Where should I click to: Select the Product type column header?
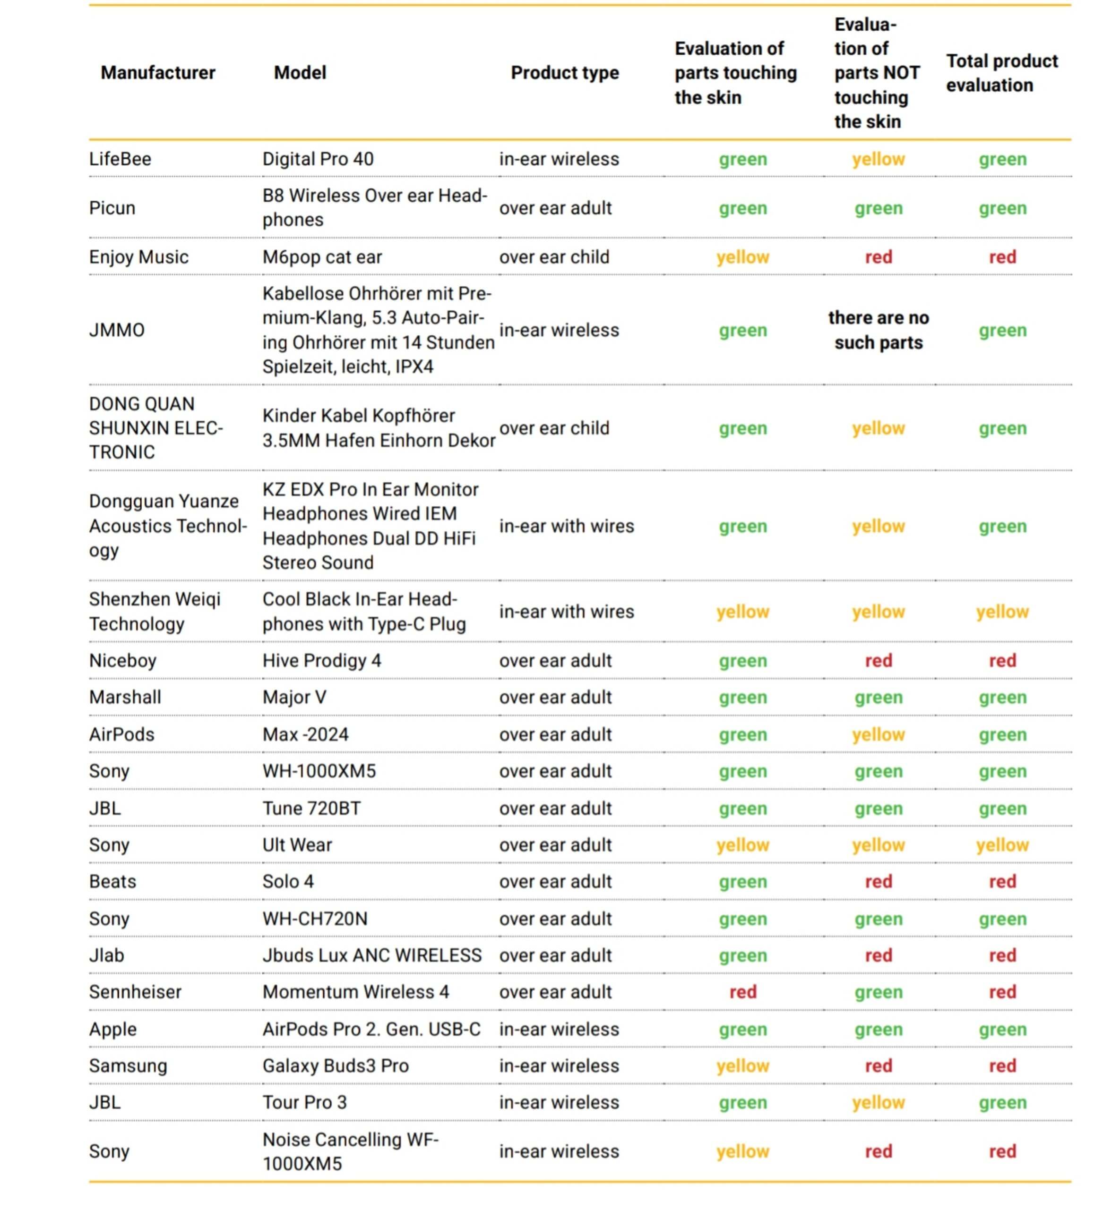click(x=564, y=73)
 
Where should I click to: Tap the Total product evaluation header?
click(x=1002, y=73)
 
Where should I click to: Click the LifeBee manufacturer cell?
click(x=120, y=159)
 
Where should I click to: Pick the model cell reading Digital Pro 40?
click(x=318, y=159)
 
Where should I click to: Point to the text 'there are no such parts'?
click(x=878, y=330)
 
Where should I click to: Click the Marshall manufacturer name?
click(x=125, y=697)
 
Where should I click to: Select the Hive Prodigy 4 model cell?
click(x=321, y=660)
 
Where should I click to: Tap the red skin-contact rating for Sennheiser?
click(x=742, y=992)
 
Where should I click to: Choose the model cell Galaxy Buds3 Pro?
click(x=335, y=1065)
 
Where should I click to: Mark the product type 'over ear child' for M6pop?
click(x=554, y=257)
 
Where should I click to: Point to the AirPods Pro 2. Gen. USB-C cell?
click(x=371, y=1029)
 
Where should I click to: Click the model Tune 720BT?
click(x=311, y=808)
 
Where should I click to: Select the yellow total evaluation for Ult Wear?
click(x=1002, y=845)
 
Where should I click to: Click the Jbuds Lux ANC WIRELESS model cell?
click(x=371, y=955)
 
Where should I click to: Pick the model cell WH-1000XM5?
click(x=319, y=771)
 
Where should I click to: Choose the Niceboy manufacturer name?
click(x=122, y=660)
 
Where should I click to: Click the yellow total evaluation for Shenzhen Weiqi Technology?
click(x=1002, y=612)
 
